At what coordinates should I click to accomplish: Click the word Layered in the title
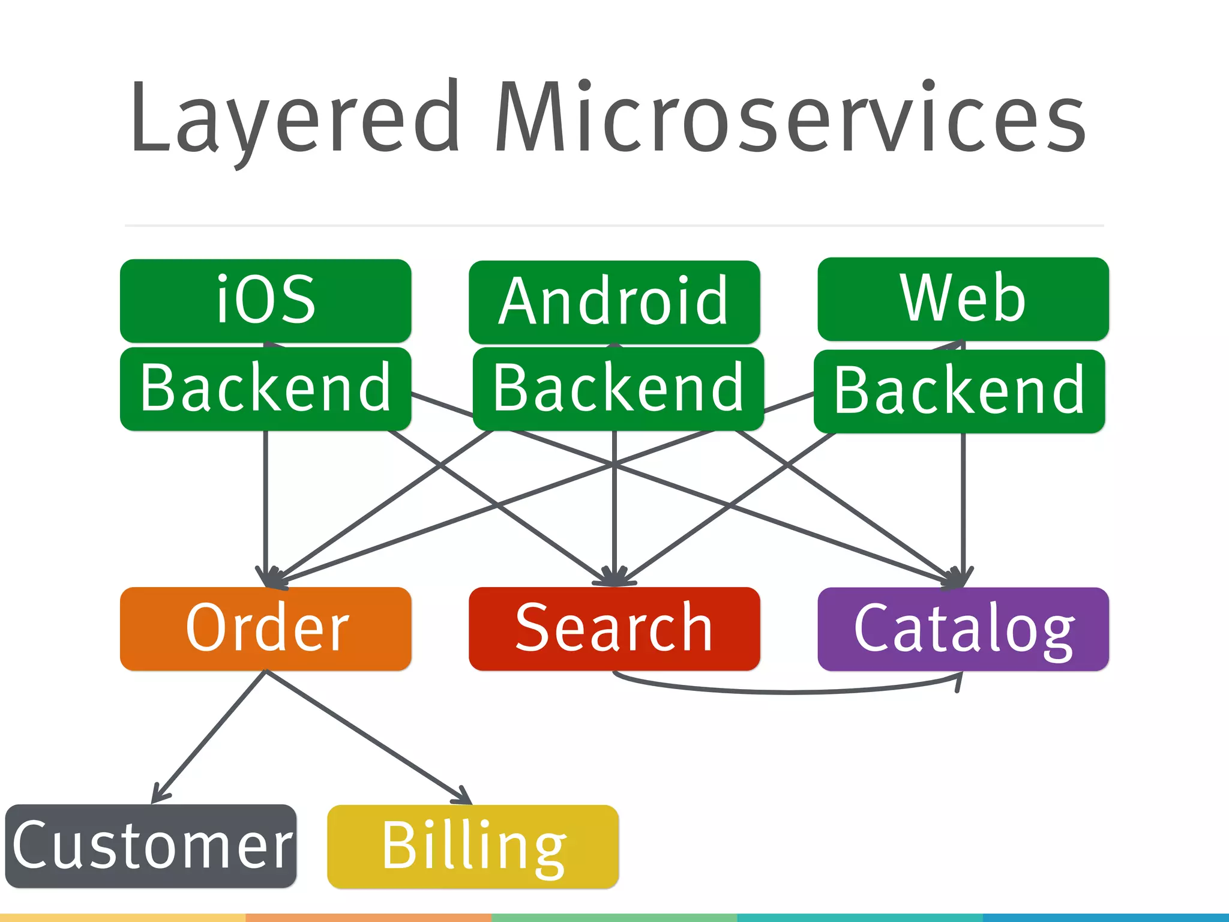click(294, 117)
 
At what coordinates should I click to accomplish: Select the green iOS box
click(265, 300)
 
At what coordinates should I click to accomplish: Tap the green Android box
click(614, 301)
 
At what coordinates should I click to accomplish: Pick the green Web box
click(963, 298)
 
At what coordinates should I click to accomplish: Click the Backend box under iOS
click(265, 388)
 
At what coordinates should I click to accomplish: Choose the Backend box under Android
click(618, 388)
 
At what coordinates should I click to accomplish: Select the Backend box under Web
click(959, 391)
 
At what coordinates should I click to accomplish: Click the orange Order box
click(265, 628)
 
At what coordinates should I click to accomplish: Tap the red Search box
click(614, 628)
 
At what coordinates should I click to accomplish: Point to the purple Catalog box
click(963, 628)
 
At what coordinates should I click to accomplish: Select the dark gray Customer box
click(151, 845)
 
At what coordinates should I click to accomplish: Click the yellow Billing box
click(472, 846)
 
